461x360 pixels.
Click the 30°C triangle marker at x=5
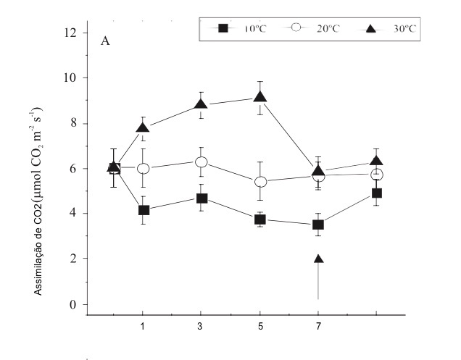coord(259,96)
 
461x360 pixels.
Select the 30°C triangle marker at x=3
coord(201,104)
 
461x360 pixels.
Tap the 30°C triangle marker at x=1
coord(143,127)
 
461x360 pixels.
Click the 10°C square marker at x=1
coord(144,210)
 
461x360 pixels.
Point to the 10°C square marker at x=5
coord(259,219)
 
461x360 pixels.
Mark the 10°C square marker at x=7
coord(317,225)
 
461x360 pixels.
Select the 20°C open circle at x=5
coord(259,181)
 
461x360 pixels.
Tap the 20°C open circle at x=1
coord(144,168)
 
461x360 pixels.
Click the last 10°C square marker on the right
coord(376,193)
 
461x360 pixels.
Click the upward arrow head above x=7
coord(317,259)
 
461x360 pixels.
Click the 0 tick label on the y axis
coord(72,304)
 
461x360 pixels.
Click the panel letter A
coord(105,41)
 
